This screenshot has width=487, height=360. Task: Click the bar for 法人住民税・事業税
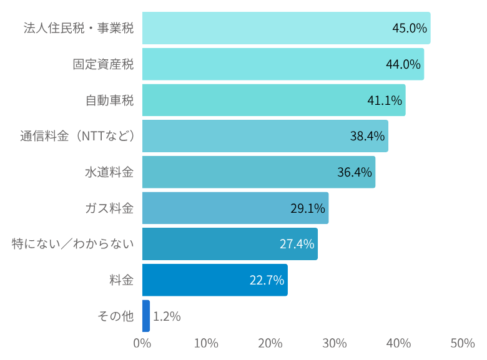click(x=262, y=28)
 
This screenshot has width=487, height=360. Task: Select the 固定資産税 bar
click(x=262, y=64)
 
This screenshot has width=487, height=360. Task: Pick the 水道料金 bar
click(x=250, y=172)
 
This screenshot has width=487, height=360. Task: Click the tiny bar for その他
click(x=146, y=316)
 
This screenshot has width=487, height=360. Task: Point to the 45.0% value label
click(x=409, y=28)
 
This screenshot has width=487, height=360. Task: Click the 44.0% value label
click(x=403, y=64)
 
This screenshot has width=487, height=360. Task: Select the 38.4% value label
click(x=367, y=136)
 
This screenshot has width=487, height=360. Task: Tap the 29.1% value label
click(x=308, y=208)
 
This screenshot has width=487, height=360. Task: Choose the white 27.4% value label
click(x=297, y=244)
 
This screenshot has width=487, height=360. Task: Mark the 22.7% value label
click(x=267, y=280)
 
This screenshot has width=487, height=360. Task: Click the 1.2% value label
click(x=167, y=316)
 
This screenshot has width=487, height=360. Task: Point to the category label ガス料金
click(x=109, y=208)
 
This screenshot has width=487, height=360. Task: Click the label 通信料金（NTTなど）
click(x=77, y=136)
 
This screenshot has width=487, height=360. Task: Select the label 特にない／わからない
click(x=73, y=244)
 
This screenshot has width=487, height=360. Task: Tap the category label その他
click(x=116, y=316)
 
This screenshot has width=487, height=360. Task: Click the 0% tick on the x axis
click(x=142, y=343)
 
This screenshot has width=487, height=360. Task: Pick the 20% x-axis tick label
click(x=270, y=343)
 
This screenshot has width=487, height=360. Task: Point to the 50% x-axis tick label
click(x=462, y=343)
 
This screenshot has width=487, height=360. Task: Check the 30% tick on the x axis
click(x=335, y=343)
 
